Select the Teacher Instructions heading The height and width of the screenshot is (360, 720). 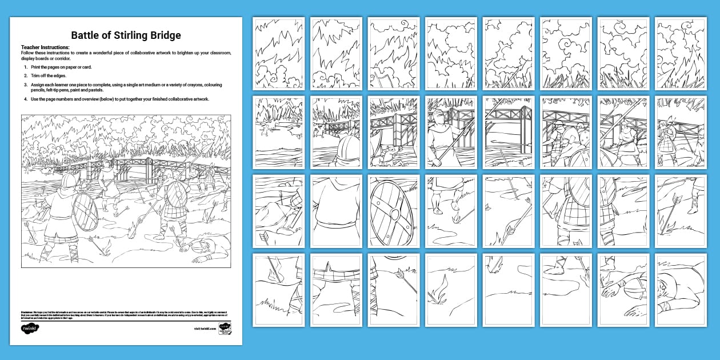click(45, 47)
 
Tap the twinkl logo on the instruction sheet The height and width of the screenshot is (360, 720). click(29, 329)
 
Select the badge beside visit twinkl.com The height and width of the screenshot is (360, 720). click(225, 329)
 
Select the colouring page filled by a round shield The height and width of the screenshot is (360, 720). click(394, 211)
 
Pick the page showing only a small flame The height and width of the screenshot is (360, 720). click(451, 290)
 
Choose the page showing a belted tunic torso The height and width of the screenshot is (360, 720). click(336, 211)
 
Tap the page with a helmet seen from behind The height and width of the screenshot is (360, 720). click(336, 132)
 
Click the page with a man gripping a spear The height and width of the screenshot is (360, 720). click(451, 132)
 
